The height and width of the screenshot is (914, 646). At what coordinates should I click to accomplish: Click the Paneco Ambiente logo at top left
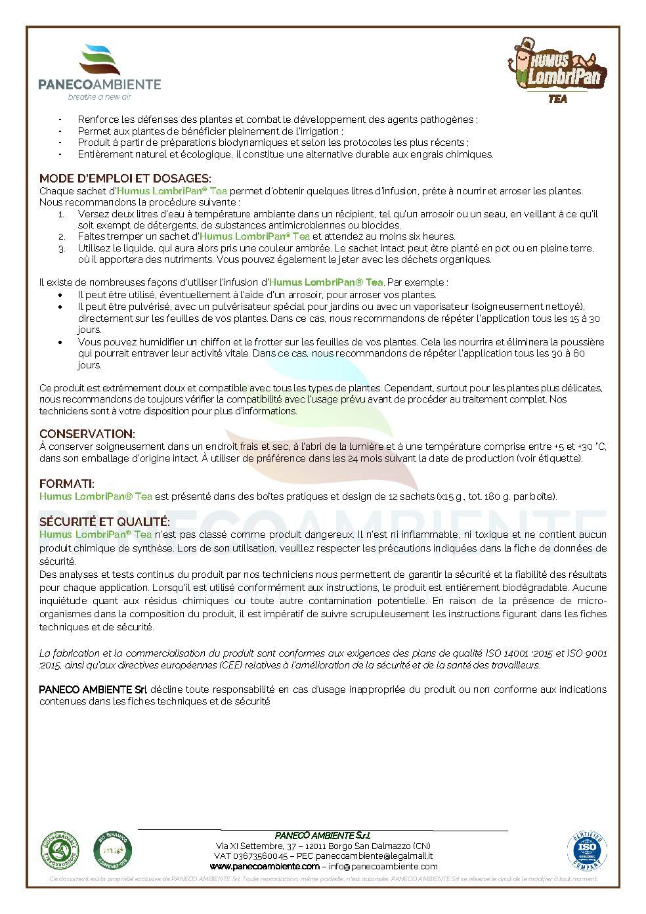click(x=99, y=71)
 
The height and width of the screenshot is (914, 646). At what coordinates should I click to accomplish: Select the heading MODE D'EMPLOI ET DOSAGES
click(x=125, y=179)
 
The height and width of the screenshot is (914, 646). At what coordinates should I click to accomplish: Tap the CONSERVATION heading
click(x=87, y=434)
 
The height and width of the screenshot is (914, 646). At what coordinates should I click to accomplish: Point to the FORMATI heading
click(x=66, y=484)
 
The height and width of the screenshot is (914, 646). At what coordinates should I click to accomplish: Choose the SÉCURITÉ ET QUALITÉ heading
click(x=104, y=522)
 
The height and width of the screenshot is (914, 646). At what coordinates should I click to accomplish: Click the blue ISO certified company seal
click(x=586, y=852)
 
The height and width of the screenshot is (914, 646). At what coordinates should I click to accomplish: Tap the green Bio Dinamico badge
click(x=113, y=851)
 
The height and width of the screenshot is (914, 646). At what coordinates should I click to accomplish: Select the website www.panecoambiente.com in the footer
click(x=264, y=866)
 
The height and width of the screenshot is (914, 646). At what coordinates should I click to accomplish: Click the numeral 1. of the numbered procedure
click(x=61, y=214)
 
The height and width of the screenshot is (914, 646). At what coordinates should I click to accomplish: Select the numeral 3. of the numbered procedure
click(x=61, y=249)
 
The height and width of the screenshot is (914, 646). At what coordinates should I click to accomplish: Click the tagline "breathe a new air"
click(x=99, y=97)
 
